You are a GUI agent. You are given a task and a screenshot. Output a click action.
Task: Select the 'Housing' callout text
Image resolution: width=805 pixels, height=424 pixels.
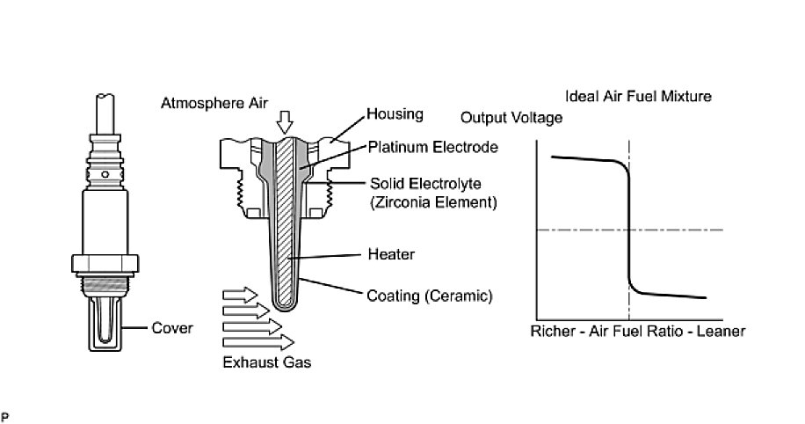(x=395, y=114)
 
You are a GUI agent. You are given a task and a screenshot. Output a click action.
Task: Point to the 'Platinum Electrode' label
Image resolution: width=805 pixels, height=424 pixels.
(x=422, y=147)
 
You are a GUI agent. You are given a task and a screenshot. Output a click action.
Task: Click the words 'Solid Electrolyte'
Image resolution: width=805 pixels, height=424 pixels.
(x=420, y=184)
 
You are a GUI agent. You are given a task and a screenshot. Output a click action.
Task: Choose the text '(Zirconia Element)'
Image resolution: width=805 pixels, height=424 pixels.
(x=426, y=202)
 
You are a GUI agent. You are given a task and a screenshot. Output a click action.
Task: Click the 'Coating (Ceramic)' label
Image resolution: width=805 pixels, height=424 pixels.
(x=417, y=295)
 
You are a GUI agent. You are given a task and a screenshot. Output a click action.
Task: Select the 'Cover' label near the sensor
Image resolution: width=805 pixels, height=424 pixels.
(x=172, y=328)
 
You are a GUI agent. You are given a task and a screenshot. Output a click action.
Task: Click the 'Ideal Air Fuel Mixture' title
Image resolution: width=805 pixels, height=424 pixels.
(x=638, y=95)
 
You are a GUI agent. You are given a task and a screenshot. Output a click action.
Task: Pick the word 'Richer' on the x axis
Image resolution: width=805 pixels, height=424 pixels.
(x=552, y=332)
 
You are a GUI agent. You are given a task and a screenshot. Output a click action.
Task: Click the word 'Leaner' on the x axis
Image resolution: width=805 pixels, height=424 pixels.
(x=722, y=332)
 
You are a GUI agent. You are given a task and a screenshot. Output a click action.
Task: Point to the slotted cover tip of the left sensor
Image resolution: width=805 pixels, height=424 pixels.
(x=104, y=321)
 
